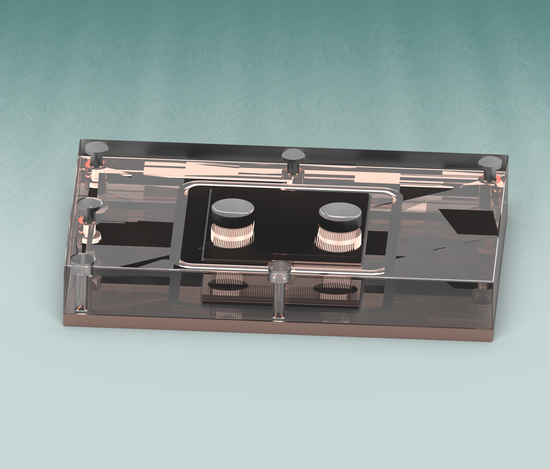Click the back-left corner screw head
pyautogui.click(x=97, y=148)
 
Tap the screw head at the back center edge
pyautogui.click(x=293, y=154)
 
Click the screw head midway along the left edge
pyautogui.click(x=90, y=204)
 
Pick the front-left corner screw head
pyautogui.click(x=83, y=260)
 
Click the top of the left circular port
pyautogui.click(x=232, y=207)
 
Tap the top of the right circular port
pyautogui.click(x=340, y=211)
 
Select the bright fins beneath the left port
pyautogui.click(x=232, y=236)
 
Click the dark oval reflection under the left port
pyautogui.click(x=228, y=285)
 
